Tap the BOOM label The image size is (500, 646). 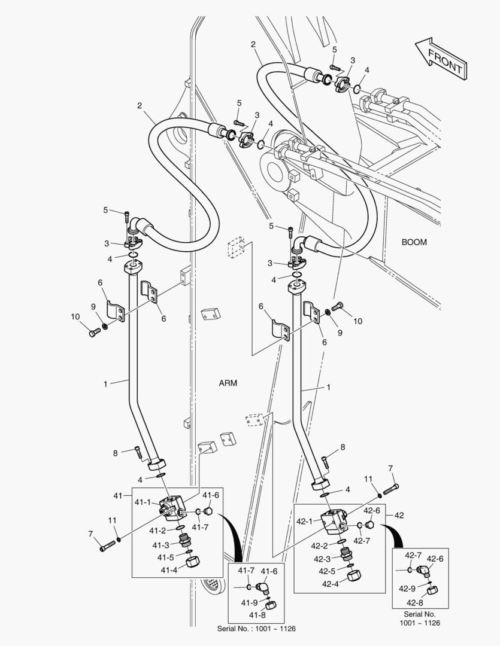click(x=414, y=242)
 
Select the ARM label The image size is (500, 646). click(x=228, y=383)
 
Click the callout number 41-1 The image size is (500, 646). click(x=143, y=502)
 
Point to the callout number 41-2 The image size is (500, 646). click(x=157, y=531)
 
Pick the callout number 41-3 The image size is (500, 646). click(x=160, y=545)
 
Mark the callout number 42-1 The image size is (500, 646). click(x=305, y=521)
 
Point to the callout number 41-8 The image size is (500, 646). click(x=257, y=615)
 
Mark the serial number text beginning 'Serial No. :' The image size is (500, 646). click(x=256, y=629)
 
